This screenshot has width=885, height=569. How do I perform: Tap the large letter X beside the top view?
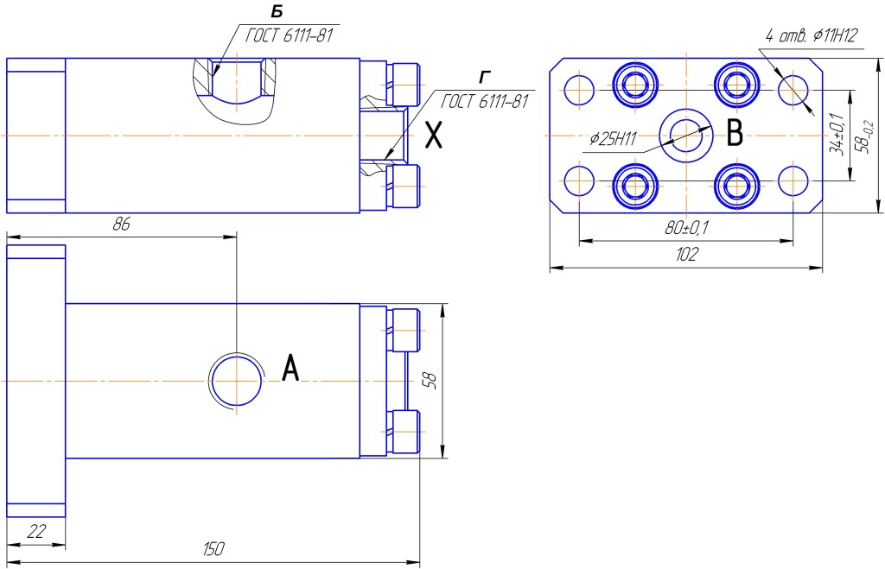(433, 136)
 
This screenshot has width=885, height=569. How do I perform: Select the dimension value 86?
(121, 224)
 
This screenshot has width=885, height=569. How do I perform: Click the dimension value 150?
(213, 548)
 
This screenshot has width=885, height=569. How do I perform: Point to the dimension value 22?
(36, 531)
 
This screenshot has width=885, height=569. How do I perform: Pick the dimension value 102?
(686, 255)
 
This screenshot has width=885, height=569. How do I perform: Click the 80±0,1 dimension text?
(686, 229)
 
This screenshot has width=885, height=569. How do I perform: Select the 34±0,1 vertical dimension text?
(837, 134)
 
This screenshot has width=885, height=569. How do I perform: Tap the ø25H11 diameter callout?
(614, 138)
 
